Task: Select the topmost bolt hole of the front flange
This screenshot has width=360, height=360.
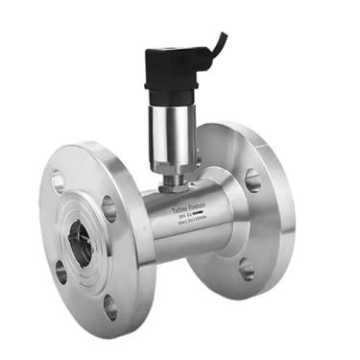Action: [58, 180]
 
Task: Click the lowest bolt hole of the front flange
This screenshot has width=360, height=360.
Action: [109, 307]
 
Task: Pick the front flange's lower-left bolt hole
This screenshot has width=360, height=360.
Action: [60, 273]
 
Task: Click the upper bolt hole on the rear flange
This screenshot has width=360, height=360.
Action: [252, 180]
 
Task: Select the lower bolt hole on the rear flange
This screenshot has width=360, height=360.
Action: [247, 270]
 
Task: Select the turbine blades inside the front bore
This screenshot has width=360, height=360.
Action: [80, 242]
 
